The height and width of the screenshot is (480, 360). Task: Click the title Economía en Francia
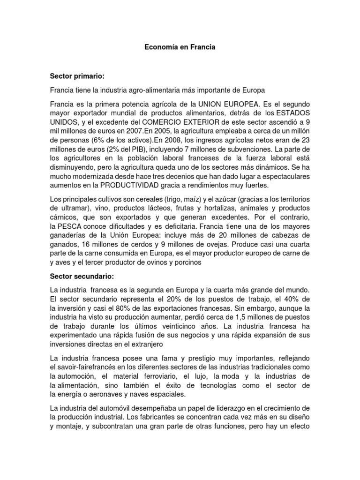180,47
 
